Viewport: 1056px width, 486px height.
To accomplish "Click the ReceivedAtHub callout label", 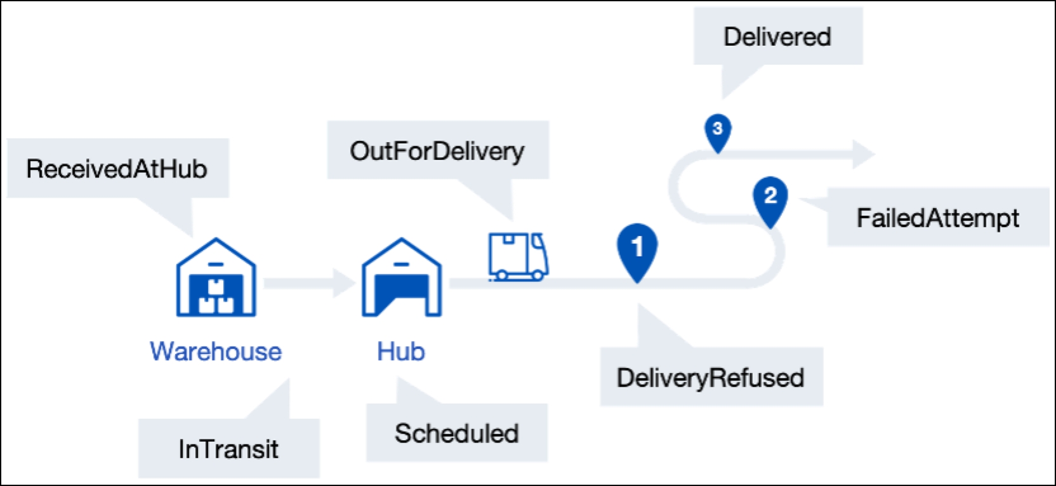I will point(117,169).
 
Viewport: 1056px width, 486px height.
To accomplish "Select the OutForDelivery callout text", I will point(437,151).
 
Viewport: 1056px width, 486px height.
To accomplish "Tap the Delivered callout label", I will point(777,37).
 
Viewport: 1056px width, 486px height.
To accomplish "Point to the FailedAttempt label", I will point(937,218).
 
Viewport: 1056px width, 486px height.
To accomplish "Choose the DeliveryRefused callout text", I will point(710,378).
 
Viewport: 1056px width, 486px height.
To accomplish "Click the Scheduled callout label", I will point(456,433).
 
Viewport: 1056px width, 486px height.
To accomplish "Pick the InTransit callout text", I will point(228,449).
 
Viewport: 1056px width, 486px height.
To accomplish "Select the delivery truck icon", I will point(518,256).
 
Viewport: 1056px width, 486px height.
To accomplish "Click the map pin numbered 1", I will point(637,249).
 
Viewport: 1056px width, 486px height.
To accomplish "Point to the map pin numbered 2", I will point(770,199).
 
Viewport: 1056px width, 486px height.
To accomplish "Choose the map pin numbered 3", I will point(718,131).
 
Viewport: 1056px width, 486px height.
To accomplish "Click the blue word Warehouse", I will point(216,351).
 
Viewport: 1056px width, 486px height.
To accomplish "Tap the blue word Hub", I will point(401,351).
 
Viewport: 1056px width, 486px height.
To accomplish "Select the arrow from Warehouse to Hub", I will point(308,282).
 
